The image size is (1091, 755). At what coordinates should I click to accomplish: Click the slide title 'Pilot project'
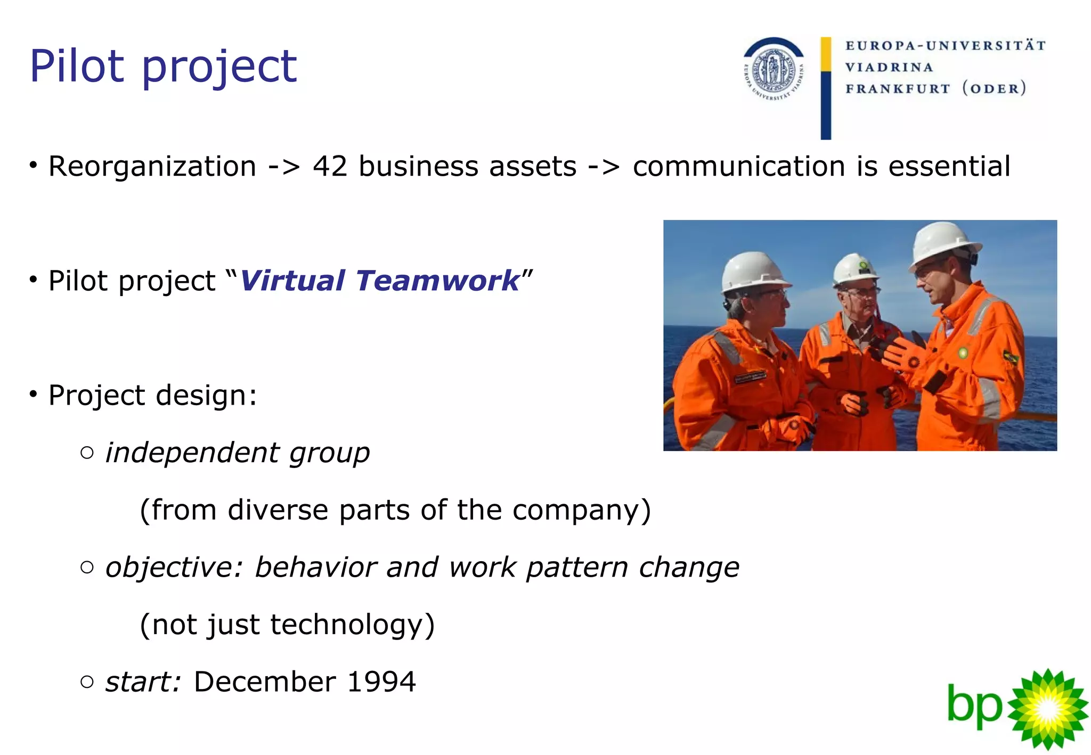[163, 67]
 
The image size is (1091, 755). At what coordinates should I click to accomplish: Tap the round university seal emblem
[774, 70]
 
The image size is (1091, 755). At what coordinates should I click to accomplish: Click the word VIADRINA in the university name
[889, 68]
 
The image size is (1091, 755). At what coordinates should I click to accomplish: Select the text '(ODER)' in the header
[994, 88]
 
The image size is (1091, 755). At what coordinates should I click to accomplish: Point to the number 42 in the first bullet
[330, 166]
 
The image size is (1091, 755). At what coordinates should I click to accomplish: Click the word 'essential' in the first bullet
[949, 166]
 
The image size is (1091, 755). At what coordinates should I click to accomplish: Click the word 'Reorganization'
[152, 166]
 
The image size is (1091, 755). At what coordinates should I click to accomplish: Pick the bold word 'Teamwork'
[437, 281]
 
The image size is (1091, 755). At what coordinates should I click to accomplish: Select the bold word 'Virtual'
[292, 281]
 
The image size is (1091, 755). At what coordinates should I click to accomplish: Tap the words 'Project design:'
[152, 395]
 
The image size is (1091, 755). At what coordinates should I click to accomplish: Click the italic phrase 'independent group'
[237, 453]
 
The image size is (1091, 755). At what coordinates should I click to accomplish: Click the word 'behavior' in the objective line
[316, 567]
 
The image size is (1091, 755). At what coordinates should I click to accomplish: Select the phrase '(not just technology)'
[287, 625]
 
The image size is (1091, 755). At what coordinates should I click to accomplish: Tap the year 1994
[381, 682]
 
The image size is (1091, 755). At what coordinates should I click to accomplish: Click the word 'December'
[265, 682]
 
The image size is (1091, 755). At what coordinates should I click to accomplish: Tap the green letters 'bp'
[974, 707]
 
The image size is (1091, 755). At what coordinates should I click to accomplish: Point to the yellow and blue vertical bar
[826, 88]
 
